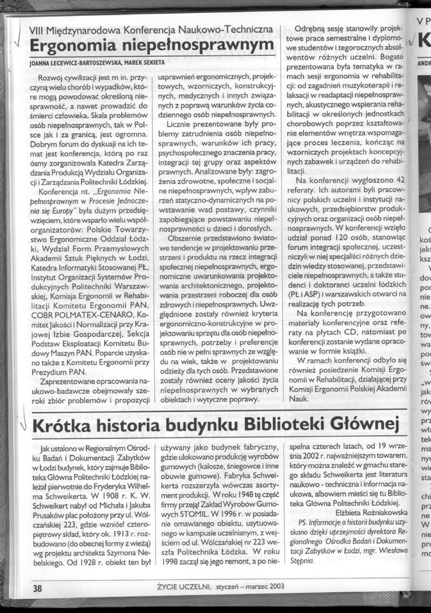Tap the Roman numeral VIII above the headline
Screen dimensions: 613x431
click(37, 31)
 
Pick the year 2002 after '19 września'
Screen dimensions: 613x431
click(306, 455)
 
